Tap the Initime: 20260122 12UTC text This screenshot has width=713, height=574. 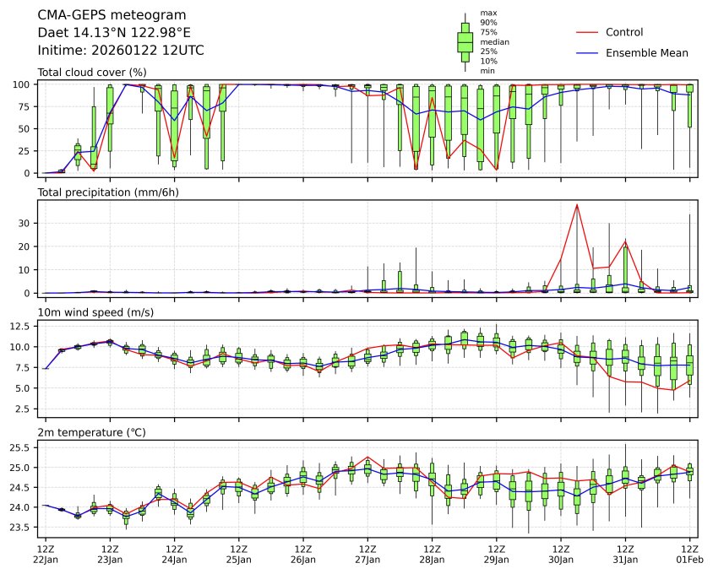[x=121, y=50]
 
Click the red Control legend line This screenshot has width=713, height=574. [x=587, y=33]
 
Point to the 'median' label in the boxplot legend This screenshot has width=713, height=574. [x=494, y=41]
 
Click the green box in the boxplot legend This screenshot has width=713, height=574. [x=465, y=41]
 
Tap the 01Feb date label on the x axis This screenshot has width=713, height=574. [x=690, y=559]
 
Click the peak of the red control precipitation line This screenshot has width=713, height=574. [x=577, y=204]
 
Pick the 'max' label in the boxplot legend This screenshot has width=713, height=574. [x=487, y=13]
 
